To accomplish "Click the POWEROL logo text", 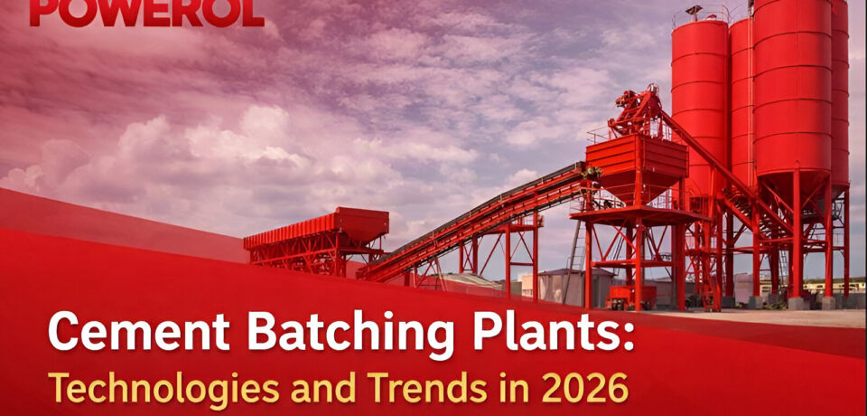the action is tap(146, 12).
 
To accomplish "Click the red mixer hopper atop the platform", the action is tap(636, 167).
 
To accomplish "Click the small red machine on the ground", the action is tap(624, 297).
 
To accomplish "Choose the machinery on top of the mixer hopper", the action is tap(636, 111).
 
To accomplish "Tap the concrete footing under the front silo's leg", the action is tap(797, 303).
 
